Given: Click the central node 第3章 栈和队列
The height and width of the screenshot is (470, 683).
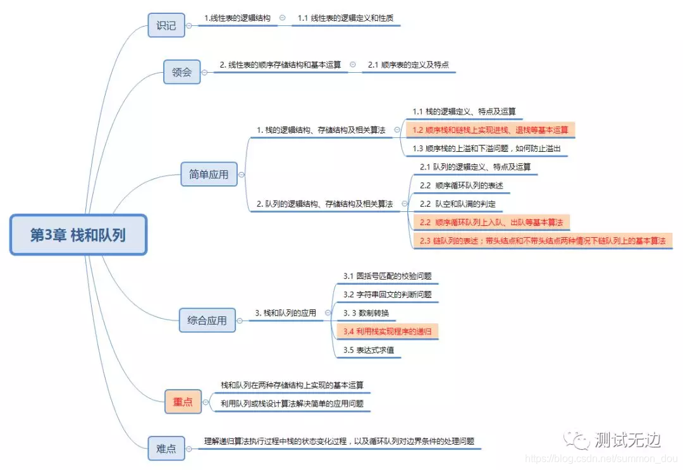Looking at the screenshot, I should click(x=78, y=235).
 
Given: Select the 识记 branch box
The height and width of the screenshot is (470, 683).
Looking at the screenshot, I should click(x=166, y=26).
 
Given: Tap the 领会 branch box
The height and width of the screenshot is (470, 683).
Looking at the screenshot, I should click(x=182, y=71).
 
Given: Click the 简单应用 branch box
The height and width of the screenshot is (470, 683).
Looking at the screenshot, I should click(x=209, y=174).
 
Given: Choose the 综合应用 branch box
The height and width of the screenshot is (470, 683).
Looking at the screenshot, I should click(x=207, y=320).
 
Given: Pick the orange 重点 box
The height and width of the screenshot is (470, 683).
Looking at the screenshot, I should click(x=183, y=401).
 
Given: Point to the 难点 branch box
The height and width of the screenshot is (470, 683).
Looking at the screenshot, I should click(x=166, y=448).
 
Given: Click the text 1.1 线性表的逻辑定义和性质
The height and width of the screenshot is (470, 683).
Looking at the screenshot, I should click(x=345, y=18).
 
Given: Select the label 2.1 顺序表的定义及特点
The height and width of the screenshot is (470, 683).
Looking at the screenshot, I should click(x=408, y=65).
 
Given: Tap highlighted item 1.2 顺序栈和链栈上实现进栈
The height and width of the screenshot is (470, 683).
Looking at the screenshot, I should click(x=490, y=130).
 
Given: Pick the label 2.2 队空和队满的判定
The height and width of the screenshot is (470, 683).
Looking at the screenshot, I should click(x=458, y=204).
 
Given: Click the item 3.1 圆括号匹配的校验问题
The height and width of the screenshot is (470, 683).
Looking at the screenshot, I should click(x=387, y=276).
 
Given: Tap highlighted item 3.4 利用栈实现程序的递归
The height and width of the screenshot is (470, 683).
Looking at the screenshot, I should click(x=386, y=331).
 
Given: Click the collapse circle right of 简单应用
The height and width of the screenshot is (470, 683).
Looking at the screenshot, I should click(x=242, y=175).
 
